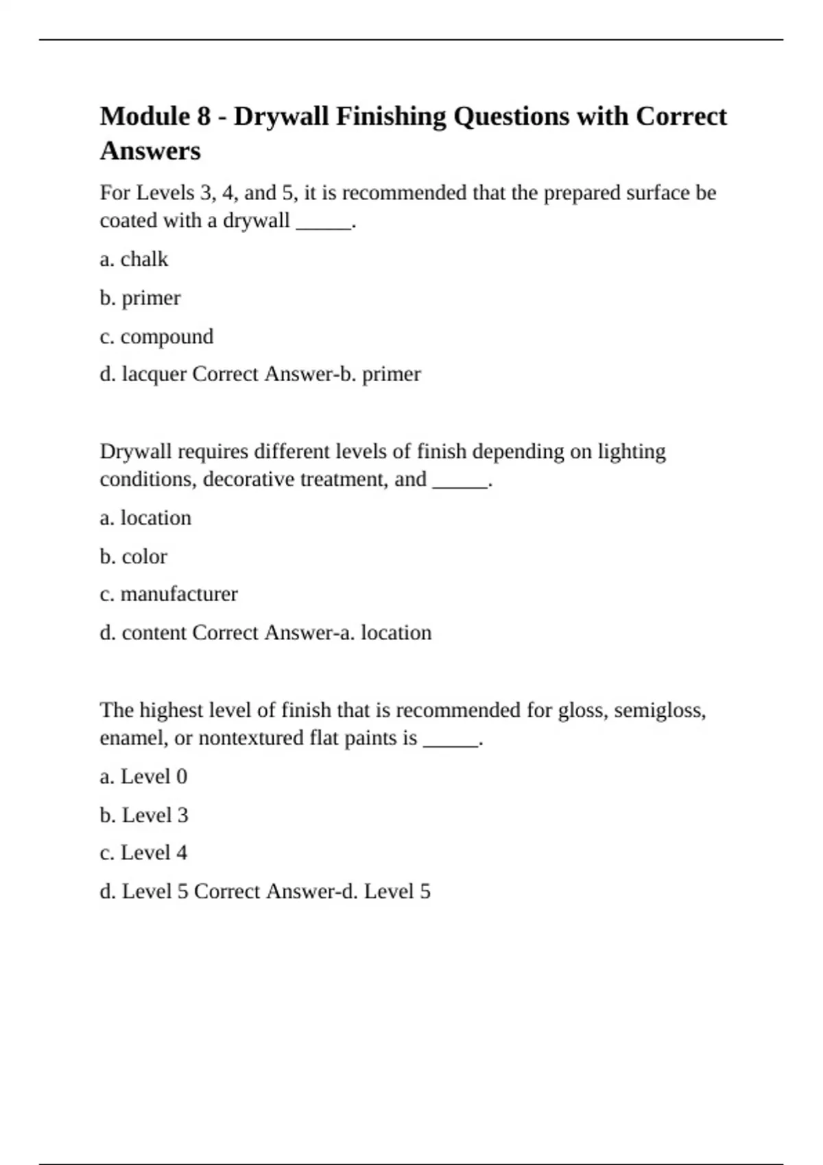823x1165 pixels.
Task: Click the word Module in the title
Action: coord(145,116)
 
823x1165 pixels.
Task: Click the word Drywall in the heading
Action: coord(281,116)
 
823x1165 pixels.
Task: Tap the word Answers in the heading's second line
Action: coord(150,151)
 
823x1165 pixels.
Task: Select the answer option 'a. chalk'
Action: coord(134,259)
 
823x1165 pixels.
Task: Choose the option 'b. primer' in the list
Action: coord(140,298)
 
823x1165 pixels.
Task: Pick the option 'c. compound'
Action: coord(156,336)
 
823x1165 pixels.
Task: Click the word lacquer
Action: coord(154,374)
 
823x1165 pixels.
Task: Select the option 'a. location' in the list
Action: coord(145,517)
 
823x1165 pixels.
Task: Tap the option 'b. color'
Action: coord(133,556)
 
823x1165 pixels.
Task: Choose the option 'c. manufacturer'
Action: coord(169,593)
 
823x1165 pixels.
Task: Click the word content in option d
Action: coord(154,633)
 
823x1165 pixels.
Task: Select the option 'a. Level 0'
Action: coord(143,776)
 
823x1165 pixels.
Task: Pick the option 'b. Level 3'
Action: coord(144,815)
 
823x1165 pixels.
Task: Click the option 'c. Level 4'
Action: coord(143,853)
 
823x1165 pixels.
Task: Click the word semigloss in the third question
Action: coord(658,711)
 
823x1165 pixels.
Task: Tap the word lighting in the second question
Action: coord(632,452)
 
